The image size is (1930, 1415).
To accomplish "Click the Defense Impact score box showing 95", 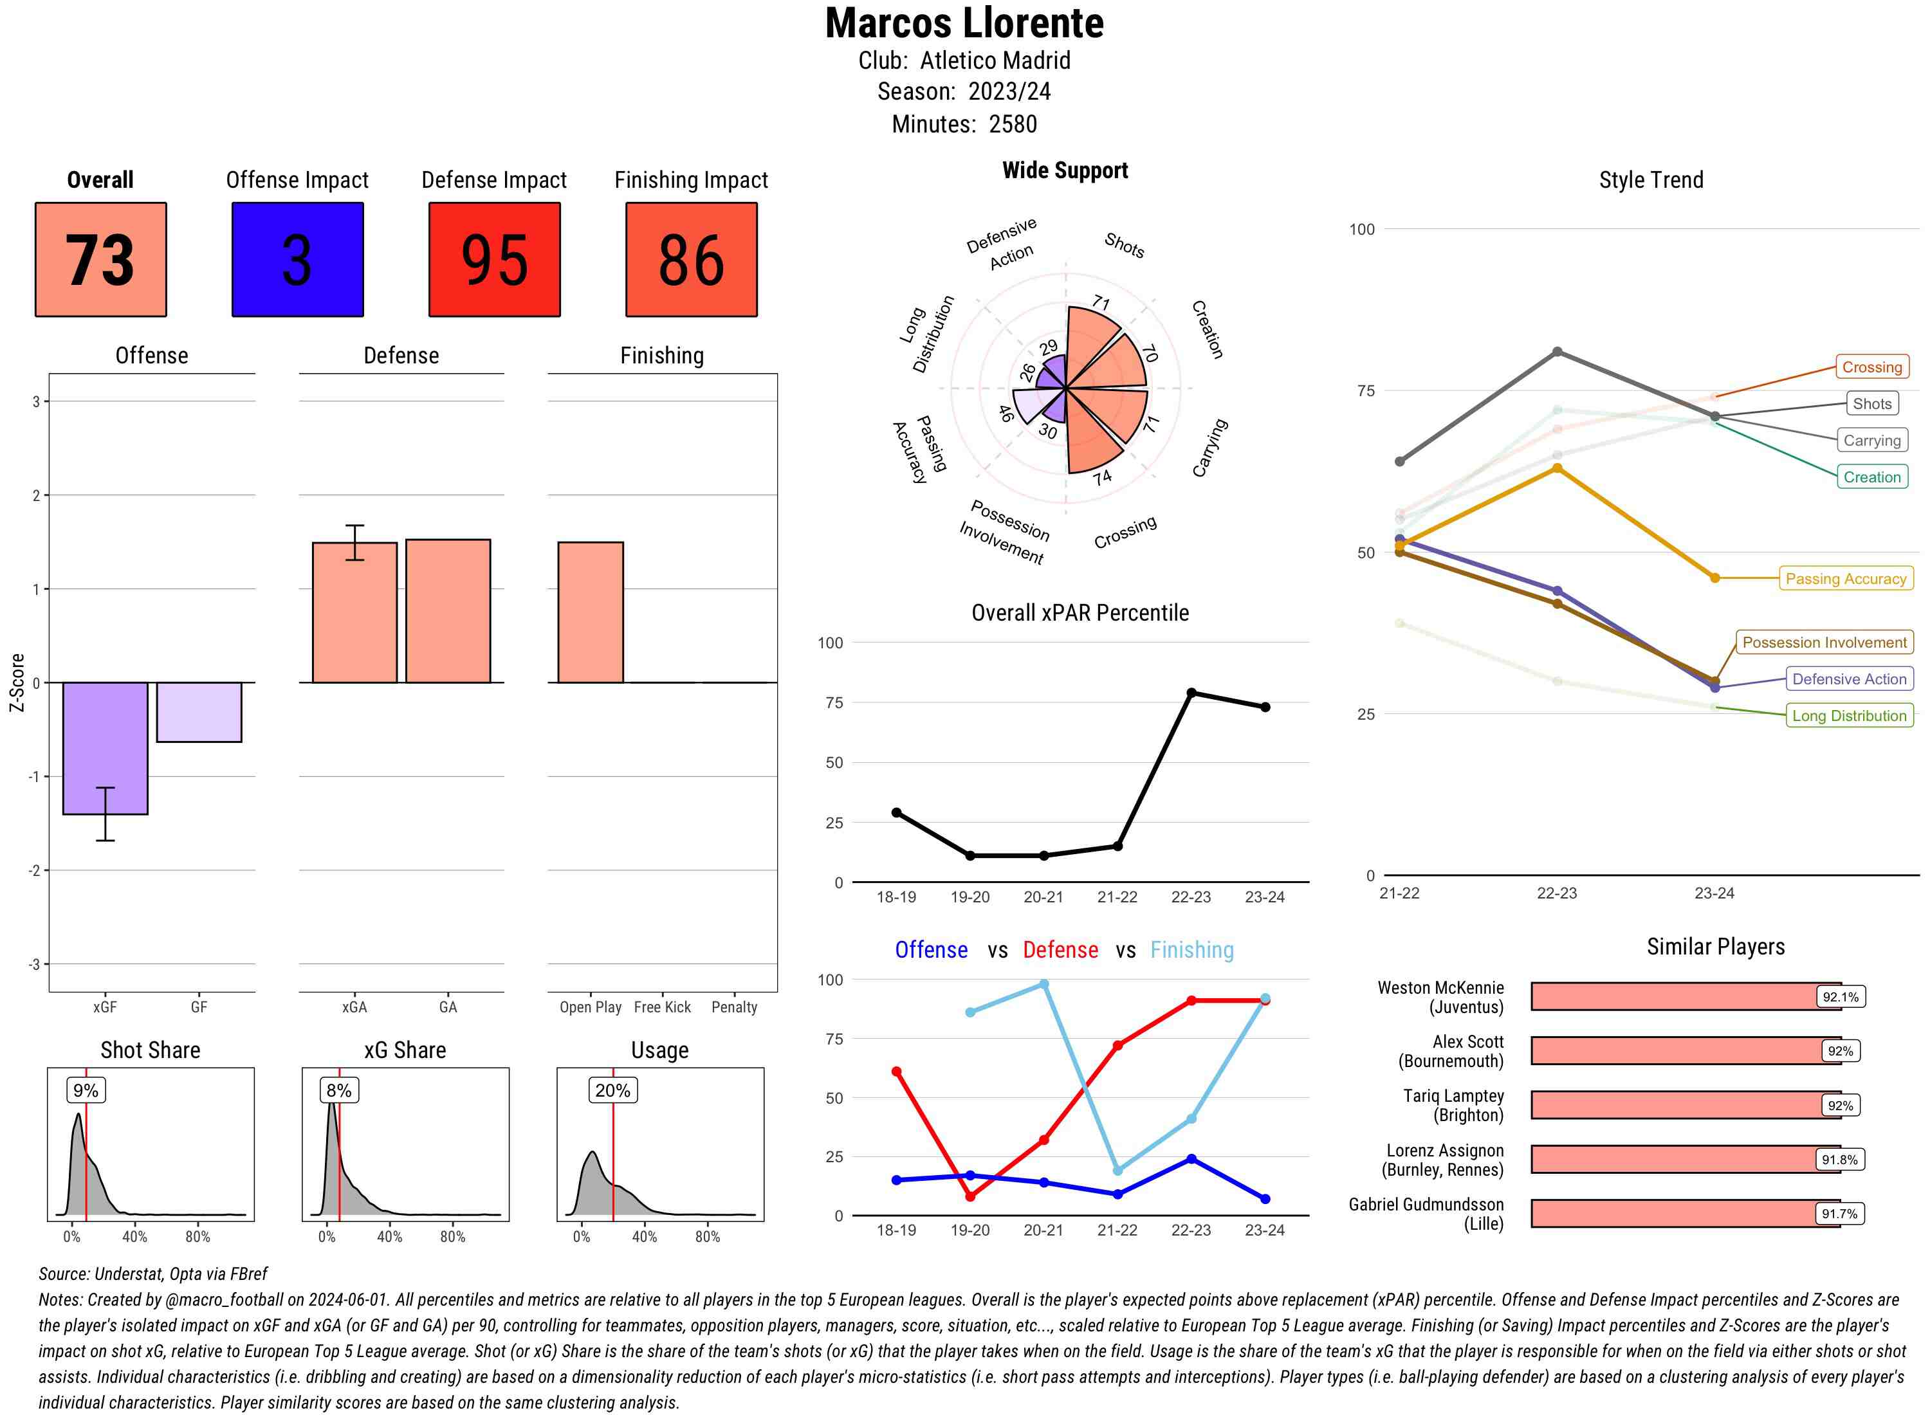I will [494, 260].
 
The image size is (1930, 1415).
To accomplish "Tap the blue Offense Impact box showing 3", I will [297, 260].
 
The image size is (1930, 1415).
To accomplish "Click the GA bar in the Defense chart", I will [448, 611].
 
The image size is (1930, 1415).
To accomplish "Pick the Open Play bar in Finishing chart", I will [590, 612].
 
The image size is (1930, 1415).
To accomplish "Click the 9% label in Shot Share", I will [86, 1090].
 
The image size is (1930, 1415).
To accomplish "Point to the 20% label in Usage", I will [612, 1090].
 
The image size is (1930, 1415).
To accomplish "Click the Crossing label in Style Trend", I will [1871, 367].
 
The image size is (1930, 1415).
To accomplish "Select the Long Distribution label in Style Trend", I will [1849, 716].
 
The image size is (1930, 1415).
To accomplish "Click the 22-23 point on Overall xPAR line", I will [1191, 693].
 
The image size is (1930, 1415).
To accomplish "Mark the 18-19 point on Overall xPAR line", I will [896, 812].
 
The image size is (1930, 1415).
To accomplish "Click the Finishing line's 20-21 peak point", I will [1043, 984].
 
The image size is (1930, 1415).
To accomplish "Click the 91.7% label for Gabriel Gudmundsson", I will [1839, 1214].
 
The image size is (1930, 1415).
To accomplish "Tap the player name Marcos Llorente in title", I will [964, 24].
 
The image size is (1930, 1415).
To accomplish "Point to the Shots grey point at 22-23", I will [1556, 352].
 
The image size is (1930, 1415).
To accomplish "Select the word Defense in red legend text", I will [1060, 950].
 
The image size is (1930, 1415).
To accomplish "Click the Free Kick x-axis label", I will [662, 1007].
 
